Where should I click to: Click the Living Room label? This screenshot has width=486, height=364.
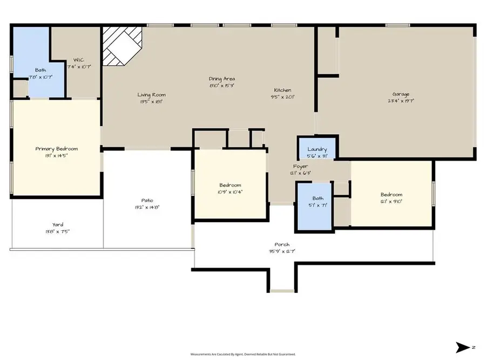click(x=151, y=94)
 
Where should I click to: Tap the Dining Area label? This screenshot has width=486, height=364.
click(x=222, y=79)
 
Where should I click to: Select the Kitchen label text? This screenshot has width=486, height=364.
click(x=282, y=90)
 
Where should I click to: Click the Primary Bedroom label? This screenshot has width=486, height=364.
click(x=57, y=149)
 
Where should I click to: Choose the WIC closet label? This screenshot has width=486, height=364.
click(x=79, y=60)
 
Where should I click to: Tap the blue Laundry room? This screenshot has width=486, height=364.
click(x=317, y=149)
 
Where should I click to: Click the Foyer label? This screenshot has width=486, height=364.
click(x=301, y=166)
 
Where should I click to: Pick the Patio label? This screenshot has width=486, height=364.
click(x=147, y=200)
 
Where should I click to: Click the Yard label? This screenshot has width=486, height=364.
click(x=57, y=225)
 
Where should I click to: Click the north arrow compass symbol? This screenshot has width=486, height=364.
click(x=463, y=347)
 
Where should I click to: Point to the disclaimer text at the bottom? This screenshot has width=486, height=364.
click(x=243, y=354)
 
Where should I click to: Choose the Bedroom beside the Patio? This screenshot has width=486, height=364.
click(x=230, y=188)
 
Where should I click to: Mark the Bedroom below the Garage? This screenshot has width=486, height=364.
click(x=391, y=197)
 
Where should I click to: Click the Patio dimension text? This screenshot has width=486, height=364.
click(x=147, y=207)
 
